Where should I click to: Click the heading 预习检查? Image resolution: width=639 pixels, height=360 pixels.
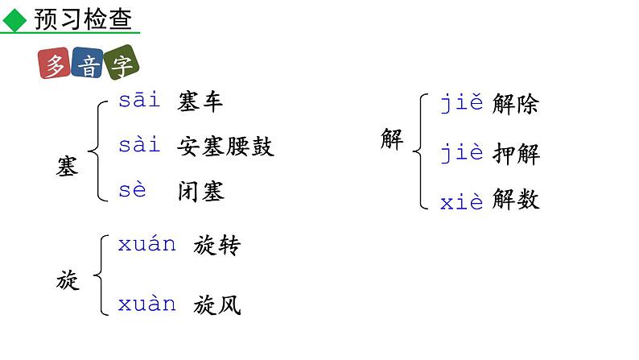[83, 19]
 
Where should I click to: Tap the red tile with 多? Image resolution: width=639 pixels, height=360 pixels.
[55, 65]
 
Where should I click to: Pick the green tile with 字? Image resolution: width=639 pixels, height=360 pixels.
[121, 65]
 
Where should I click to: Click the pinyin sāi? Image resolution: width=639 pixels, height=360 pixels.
[138, 100]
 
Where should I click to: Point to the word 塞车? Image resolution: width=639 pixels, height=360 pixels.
[200, 101]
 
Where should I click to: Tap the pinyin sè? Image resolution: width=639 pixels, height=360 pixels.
[133, 190]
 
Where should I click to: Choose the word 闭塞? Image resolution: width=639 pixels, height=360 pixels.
[200, 191]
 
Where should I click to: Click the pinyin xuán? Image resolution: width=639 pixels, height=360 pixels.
[146, 245]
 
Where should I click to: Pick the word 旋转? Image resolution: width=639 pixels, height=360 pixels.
[216, 246]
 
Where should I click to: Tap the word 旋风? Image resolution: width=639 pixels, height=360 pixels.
[216, 304]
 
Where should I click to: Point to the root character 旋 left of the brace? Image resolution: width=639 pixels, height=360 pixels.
[68, 279]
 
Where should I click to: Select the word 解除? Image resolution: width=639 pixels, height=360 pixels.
[515, 104]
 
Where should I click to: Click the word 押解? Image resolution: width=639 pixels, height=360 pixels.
[515, 154]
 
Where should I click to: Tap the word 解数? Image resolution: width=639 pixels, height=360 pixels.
[515, 200]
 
